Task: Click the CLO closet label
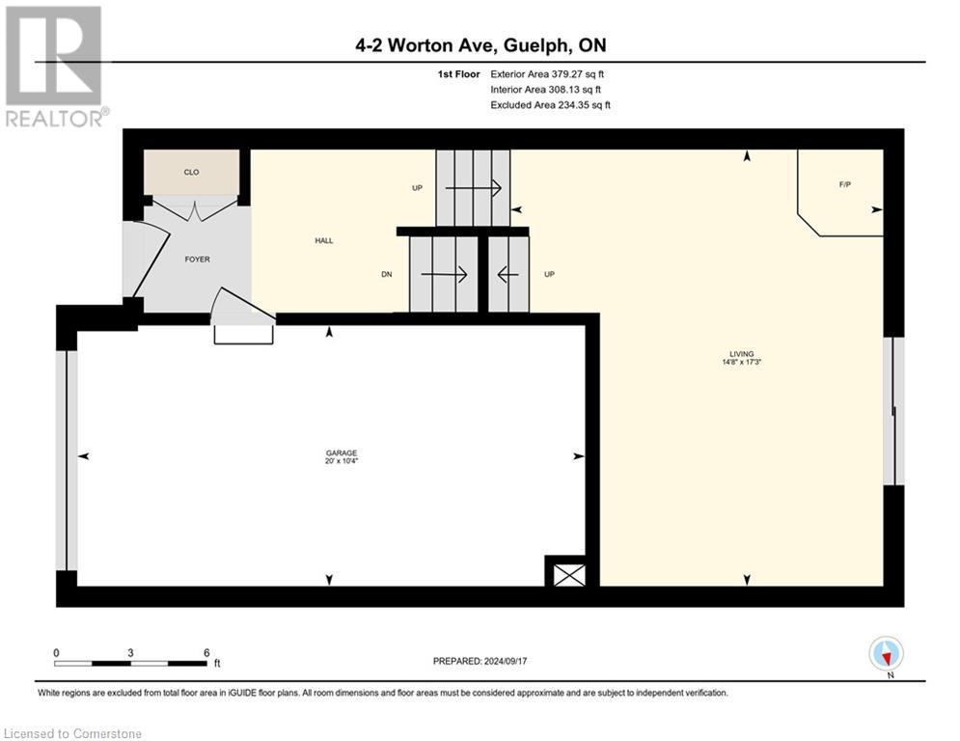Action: (x=191, y=173)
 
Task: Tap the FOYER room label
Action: (x=197, y=259)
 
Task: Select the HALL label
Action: (x=323, y=240)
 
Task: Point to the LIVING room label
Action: (x=742, y=354)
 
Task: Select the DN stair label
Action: (x=386, y=274)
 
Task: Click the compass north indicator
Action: (x=886, y=654)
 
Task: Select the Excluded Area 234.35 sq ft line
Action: (x=550, y=104)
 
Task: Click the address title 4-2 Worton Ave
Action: (x=480, y=45)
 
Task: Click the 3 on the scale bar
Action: (x=130, y=652)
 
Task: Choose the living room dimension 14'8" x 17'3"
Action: (x=742, y=363)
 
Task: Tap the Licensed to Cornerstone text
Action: (x=73, y=733)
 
